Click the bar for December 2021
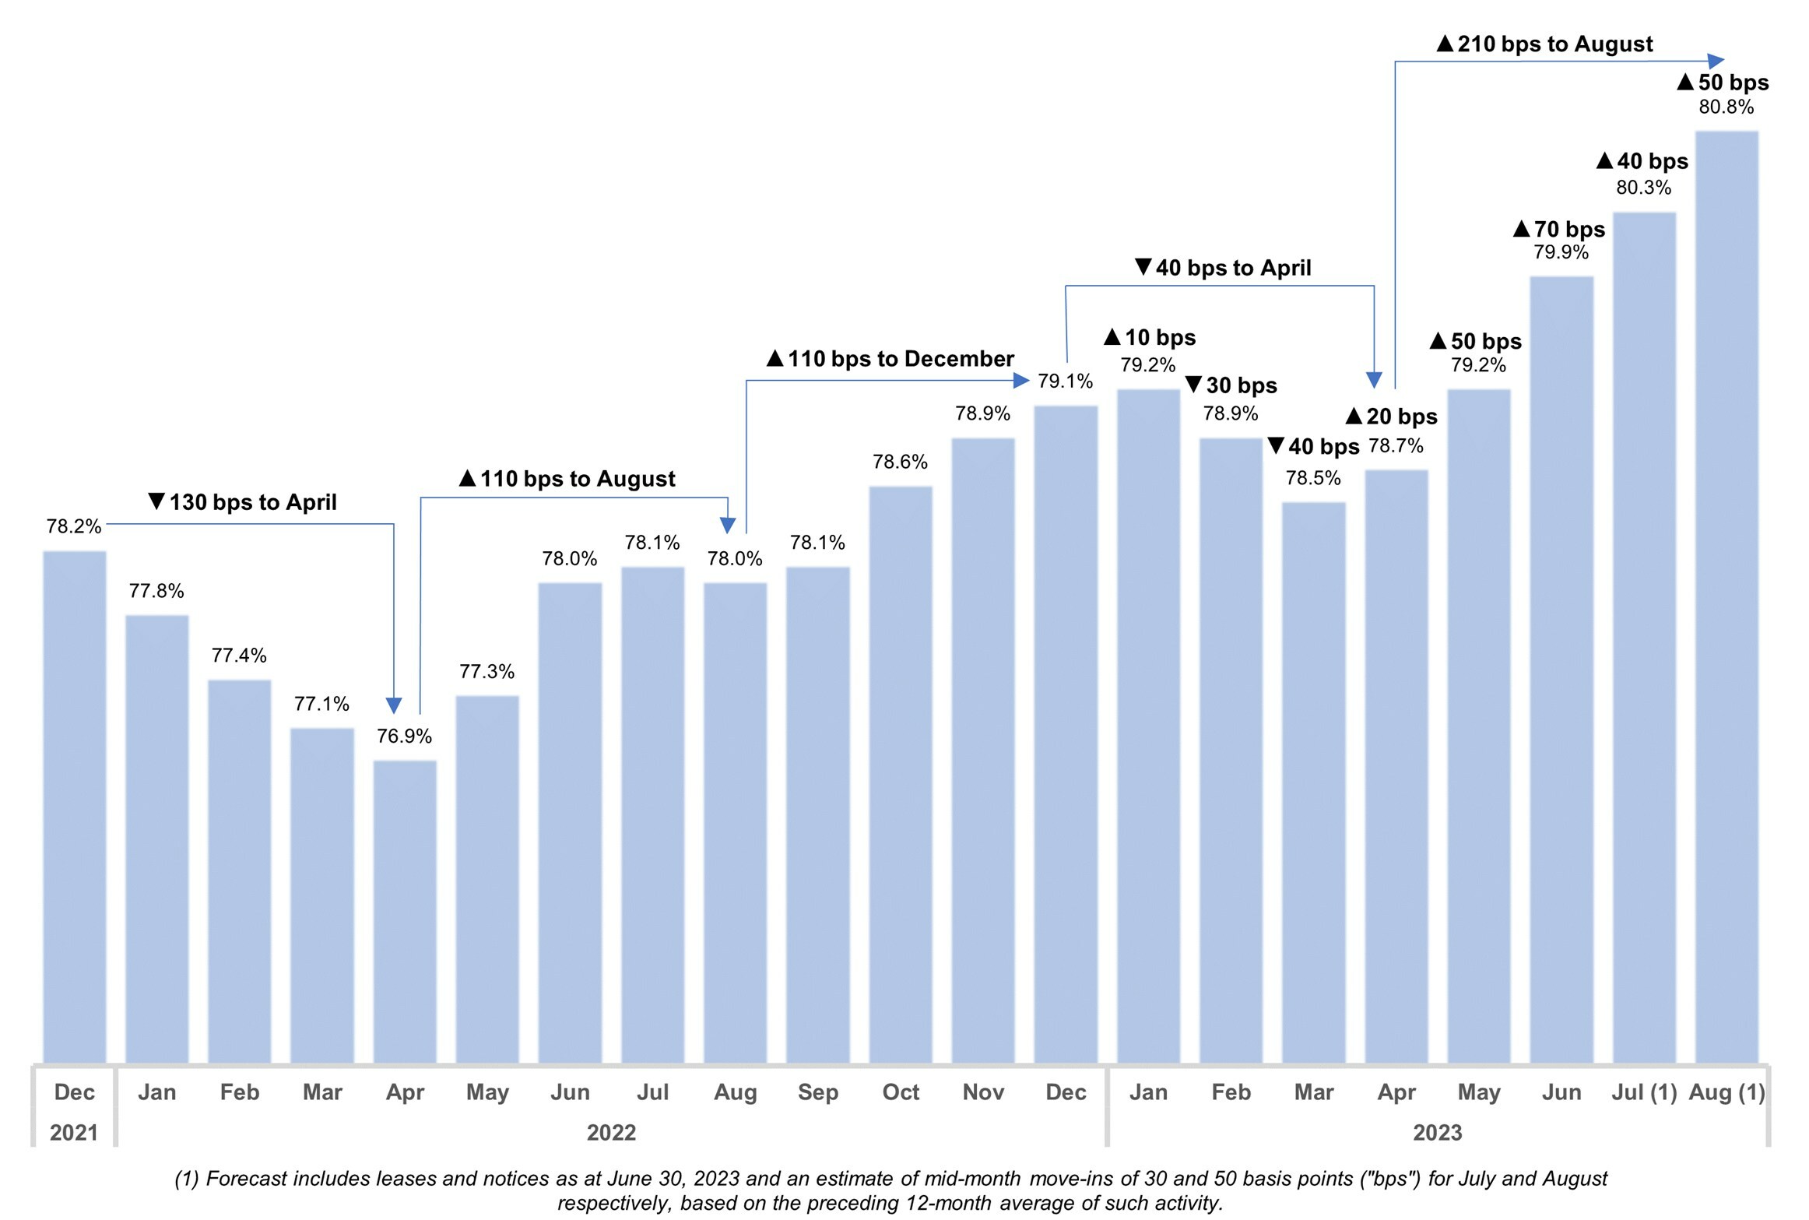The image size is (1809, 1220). tap(75, 806)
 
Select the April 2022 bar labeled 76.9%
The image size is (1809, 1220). tap(405, 911)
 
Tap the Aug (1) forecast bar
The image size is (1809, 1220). tap(1726, 596)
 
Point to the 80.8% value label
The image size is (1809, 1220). tap(1726, 107)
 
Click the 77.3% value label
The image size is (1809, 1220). tap(486, 671)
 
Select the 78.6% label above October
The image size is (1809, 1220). tap(900, 462)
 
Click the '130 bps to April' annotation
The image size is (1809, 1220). tap(243, 502)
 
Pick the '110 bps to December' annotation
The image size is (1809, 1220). tap(890, 359)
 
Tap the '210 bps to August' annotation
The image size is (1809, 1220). tap(1544, 44)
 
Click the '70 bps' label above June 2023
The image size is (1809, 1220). tap(1559, 230)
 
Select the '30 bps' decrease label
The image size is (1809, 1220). tap(1231, 385)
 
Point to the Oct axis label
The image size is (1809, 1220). tap(901, 1092)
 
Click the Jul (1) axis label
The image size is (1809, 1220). tap(1644, 1092)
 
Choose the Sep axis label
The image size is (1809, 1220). tap(818, 1092)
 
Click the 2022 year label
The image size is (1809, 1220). tap(611, 1133)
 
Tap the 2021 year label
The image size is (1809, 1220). tap(74, 1133)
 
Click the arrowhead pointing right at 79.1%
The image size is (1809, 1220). tap(1021, 381)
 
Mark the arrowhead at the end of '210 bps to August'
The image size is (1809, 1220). tap(1716, 61)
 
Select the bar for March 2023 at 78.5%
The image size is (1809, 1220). tap(1314, 782)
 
